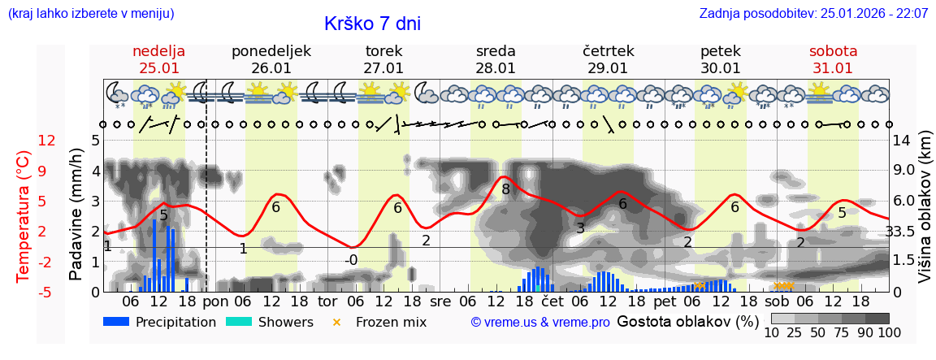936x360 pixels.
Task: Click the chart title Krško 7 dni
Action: pyautogui.click(x=372, y=24)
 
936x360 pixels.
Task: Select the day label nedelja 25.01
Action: pyautogui.click(x=159, y=59)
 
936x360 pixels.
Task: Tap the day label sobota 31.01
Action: pyautogui.click(x=833, y=59)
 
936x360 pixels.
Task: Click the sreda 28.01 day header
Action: pyautogui.click(x=496, y=59)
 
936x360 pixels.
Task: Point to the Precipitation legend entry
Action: pyautogui.click(x=160, y=322)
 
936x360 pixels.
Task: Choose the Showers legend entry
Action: pyautogui.click(x=269, y=322)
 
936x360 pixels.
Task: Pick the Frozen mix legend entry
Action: pyautogui.click(x=382, y=322)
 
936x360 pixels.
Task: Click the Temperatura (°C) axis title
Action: pyautogui.click(x=23, y=215)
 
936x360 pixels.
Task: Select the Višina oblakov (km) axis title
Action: pyautogui.click(x=924, y=215)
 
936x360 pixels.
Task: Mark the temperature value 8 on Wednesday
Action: pyautogui.click(x=505, y=189)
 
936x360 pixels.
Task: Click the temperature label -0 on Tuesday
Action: pyautogui.click(x=350, y=260)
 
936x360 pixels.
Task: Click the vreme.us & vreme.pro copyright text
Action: pyautogui.click(x=540, y=322)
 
